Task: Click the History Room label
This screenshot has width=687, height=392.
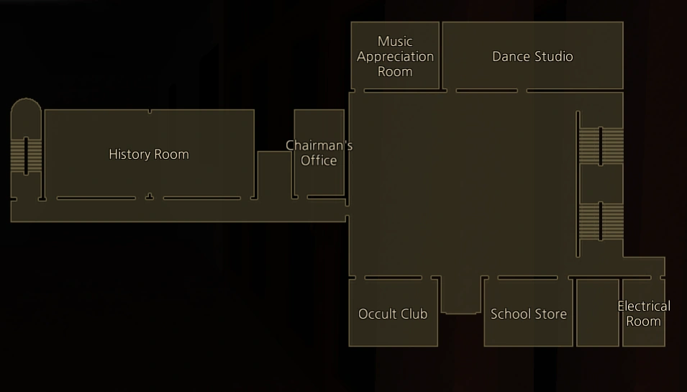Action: coord(149,154)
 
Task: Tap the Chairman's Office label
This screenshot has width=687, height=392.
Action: coord(319,152)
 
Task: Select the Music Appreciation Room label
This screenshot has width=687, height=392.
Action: coord(395,56)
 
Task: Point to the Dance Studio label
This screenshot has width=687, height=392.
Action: coord(532,56)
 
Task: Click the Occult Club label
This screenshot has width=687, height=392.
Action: coord(393,314)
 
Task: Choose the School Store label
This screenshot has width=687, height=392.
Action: coord(529,314)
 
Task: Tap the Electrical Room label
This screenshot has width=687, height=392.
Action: coord(643,314)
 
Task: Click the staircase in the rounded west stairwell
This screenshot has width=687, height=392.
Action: coord(27,155)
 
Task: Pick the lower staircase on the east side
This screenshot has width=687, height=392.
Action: coord(601,221)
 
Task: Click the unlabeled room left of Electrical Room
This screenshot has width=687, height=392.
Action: coord(597,313)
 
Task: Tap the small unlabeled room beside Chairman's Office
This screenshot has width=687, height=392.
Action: coord(273,173)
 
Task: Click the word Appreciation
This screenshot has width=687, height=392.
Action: coord(395,56)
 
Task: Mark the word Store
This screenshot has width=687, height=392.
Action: coord(550,314)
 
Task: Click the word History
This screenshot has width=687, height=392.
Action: coord(129,154)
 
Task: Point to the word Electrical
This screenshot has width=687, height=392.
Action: coord(643,306)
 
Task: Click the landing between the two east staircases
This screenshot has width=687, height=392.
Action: coord(601,183)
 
